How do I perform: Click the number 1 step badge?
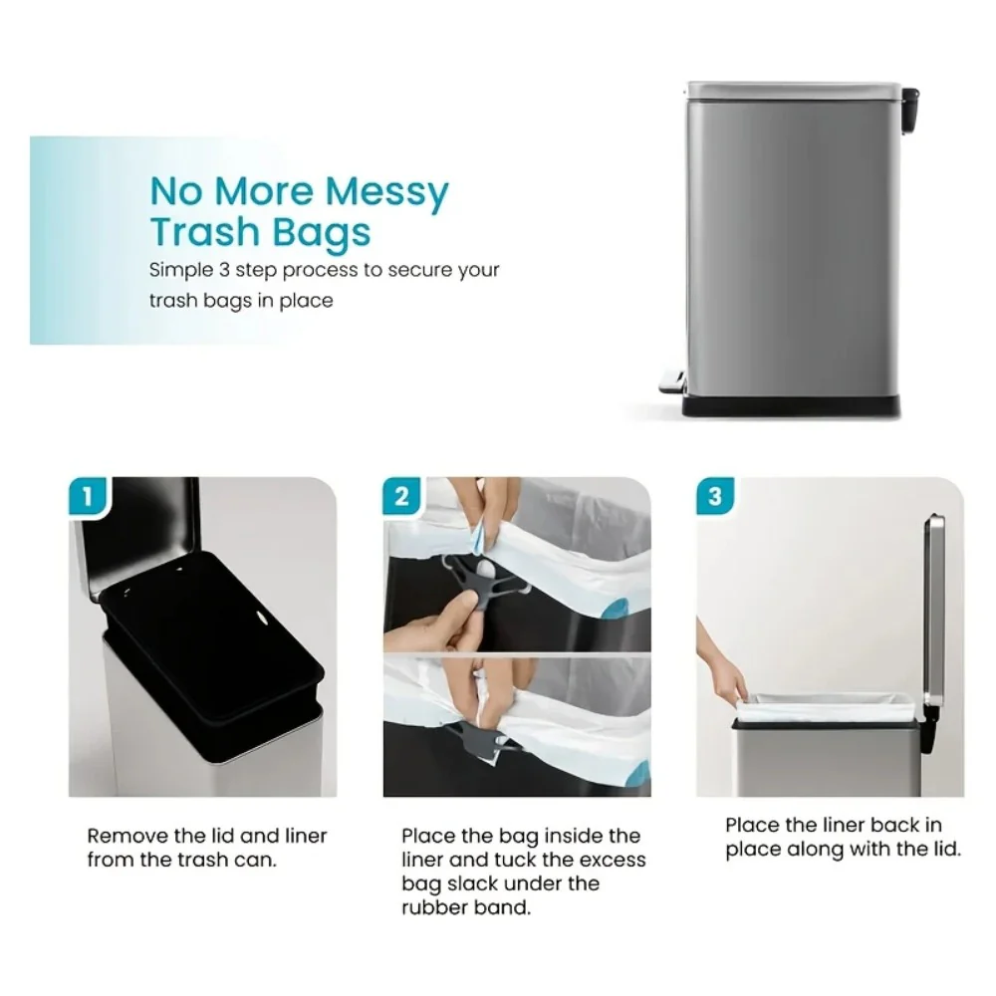89,496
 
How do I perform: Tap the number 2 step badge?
402,496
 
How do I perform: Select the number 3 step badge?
715,496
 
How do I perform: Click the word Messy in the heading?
386,192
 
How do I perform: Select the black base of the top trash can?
791,405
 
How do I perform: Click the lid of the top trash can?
794,91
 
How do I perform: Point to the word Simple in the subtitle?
181,271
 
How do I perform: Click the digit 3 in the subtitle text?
224,270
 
